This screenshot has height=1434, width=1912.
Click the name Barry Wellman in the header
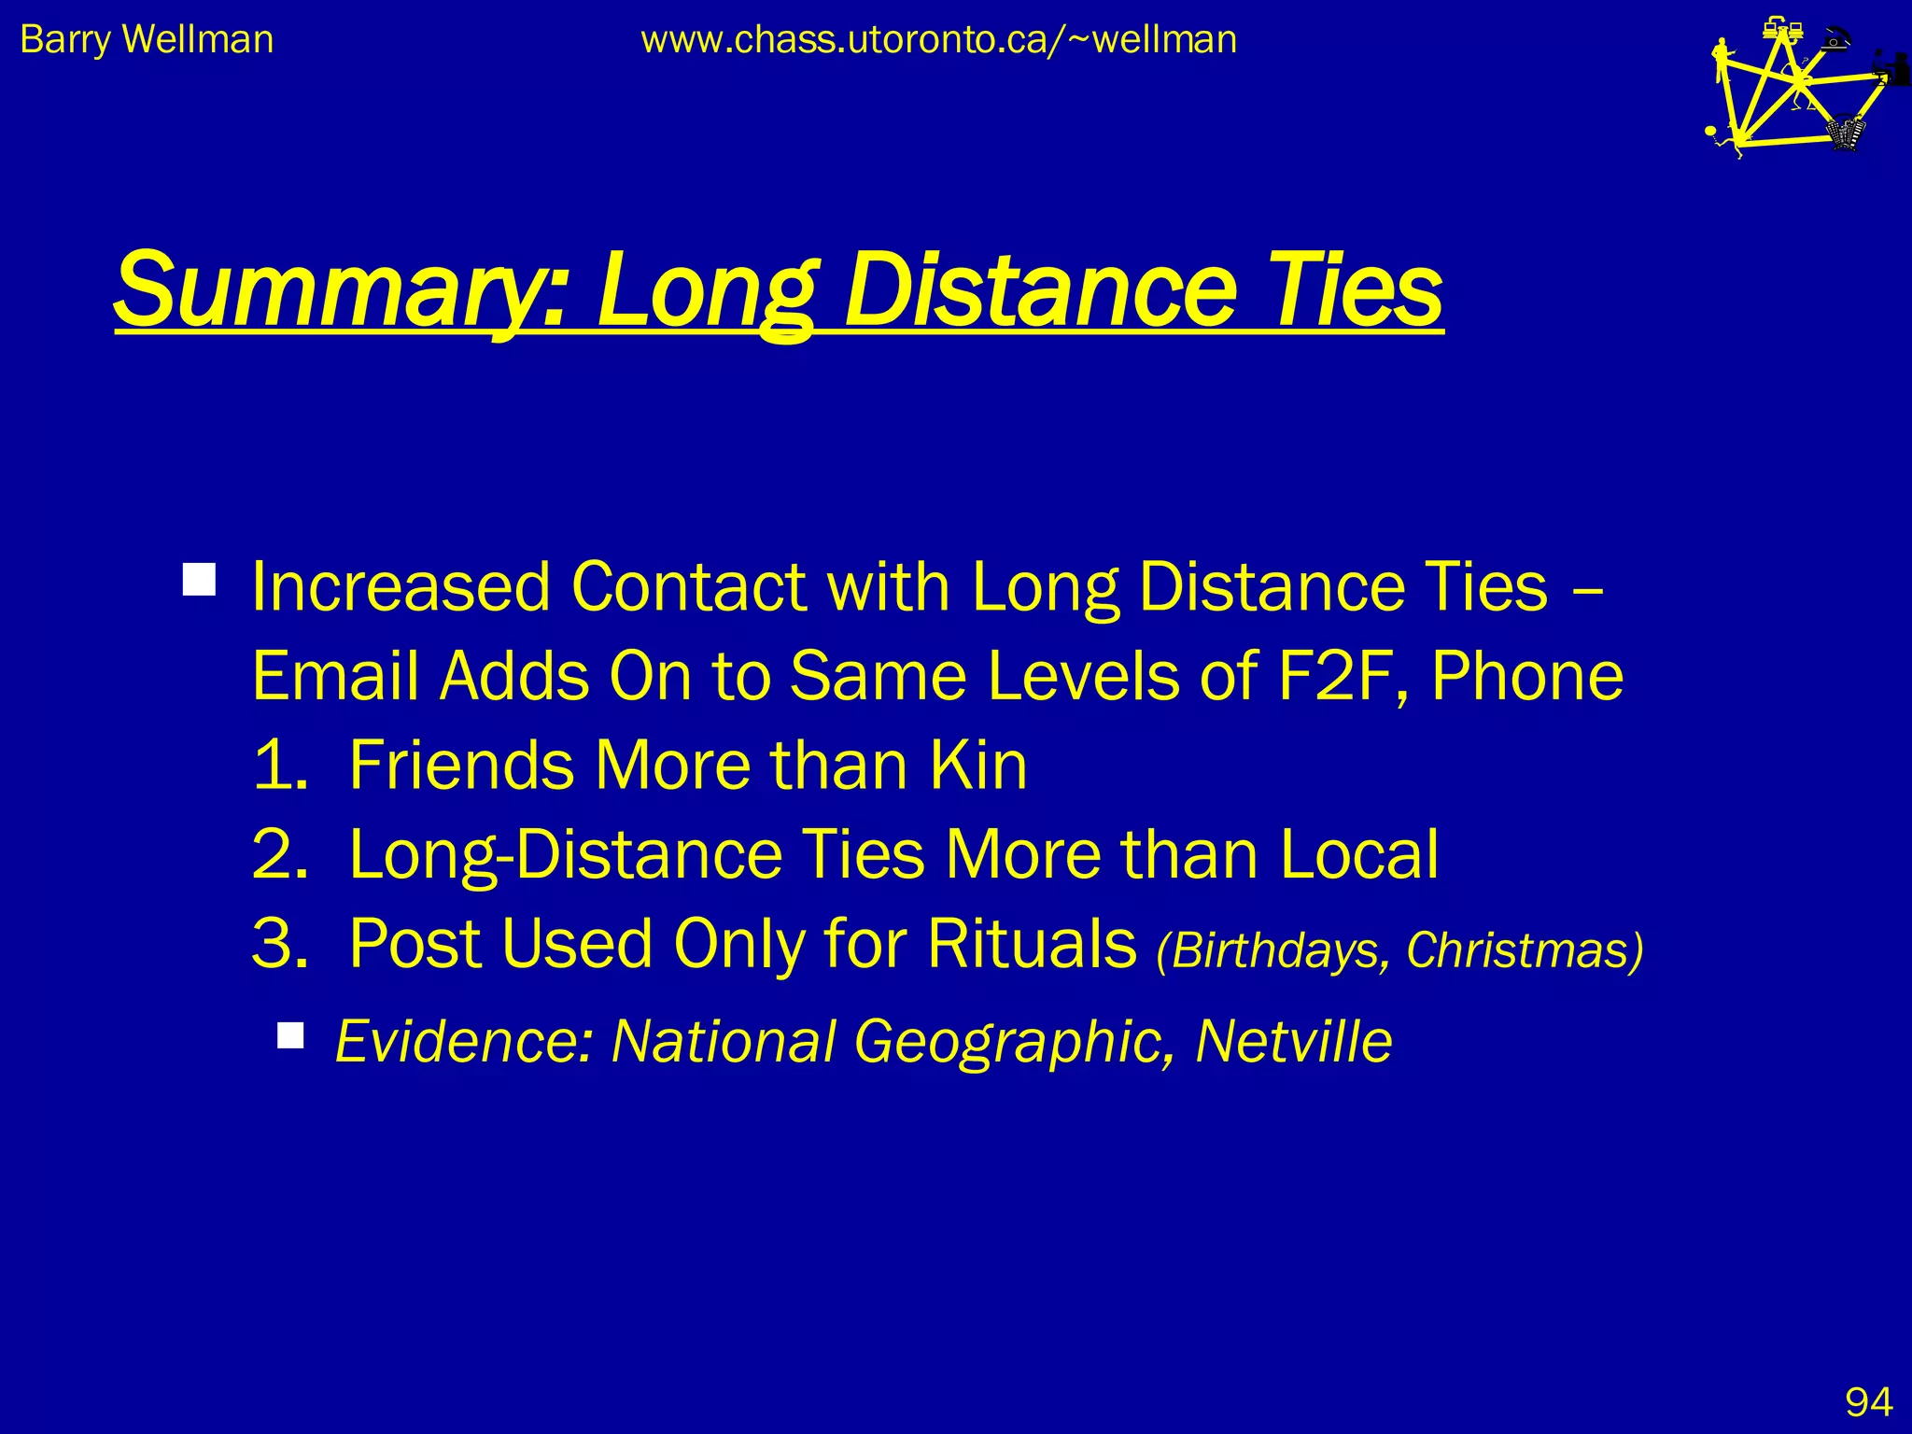147,40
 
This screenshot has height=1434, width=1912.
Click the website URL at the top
938,40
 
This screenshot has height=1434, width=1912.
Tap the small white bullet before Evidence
291,1035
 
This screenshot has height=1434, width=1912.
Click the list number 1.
279,765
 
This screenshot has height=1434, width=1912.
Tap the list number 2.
279,853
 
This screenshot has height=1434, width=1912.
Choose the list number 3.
279,943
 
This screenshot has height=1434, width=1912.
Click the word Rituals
1031,943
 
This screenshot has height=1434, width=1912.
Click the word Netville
1293,1041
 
